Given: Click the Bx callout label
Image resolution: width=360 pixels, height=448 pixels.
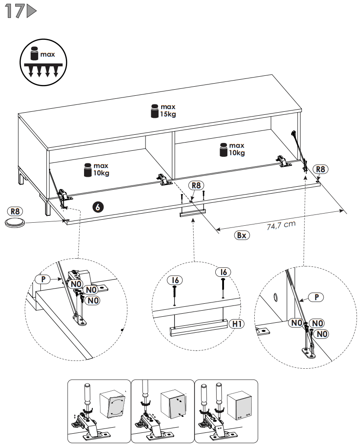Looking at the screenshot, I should tap(241, 235).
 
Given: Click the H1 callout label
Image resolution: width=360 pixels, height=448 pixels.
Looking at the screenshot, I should tap(237, 323).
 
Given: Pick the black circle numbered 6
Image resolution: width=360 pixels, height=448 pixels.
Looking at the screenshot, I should tap(98, 207).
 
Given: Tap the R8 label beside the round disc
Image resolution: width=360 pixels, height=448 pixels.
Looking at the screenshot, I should tap(16, 211).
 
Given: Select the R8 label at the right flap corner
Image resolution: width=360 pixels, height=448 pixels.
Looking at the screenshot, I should tap(321, 169).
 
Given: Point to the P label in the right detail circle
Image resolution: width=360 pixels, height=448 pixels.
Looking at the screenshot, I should tap(317, 297).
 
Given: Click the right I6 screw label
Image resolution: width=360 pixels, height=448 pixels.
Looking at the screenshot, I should tap(224, 272).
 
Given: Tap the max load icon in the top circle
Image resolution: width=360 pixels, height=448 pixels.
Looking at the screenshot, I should tap(43, 63).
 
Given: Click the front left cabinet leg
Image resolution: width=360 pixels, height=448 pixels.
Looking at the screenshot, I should tap(46, 206).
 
